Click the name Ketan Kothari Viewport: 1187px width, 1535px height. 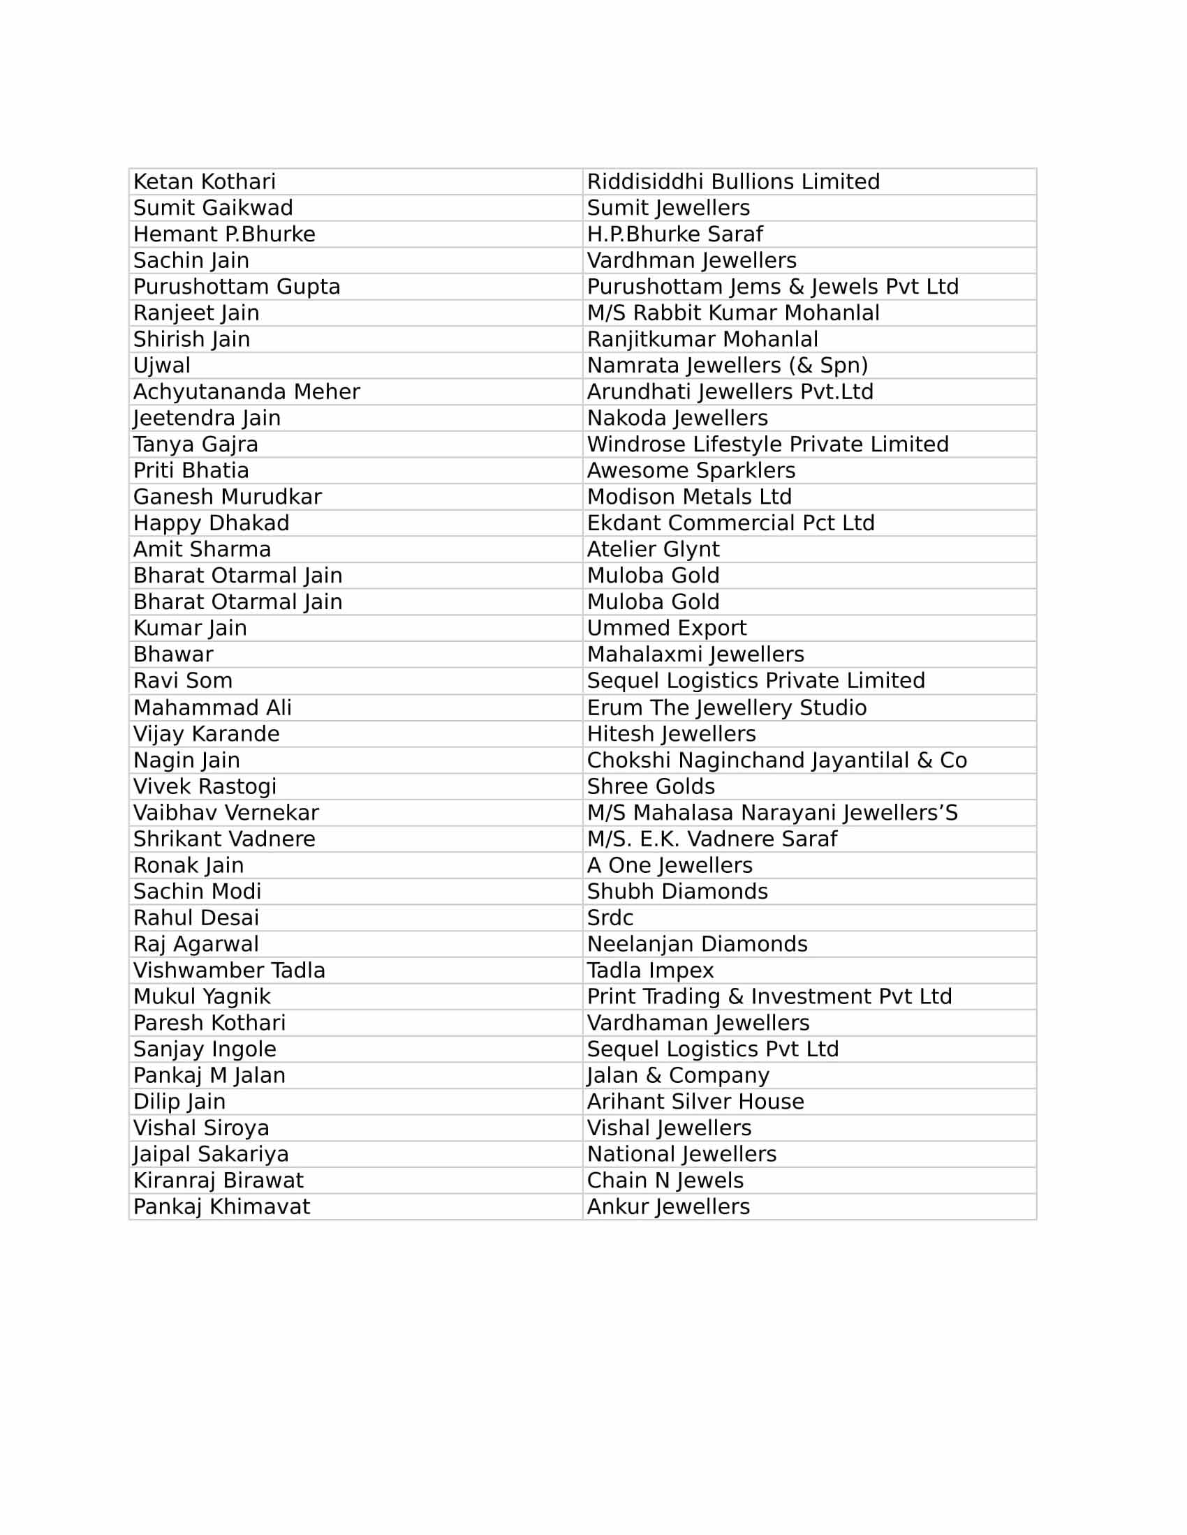point(205,182)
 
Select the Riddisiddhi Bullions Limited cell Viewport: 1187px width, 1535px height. point(733,182)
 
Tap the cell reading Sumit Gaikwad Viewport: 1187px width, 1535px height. point(213,208)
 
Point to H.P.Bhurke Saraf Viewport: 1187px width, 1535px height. point(675,234)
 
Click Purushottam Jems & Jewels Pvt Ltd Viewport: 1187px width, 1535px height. point(773,287)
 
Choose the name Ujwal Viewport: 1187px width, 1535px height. point(162,366)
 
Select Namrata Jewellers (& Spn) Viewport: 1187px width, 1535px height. point(728,366)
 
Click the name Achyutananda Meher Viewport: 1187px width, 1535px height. point(246,391)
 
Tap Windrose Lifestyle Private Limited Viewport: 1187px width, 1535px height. point(768,444)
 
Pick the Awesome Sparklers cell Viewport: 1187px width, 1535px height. point(691,470)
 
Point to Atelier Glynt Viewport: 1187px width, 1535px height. point(654,549)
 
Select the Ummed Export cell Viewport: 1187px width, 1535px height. point(667,628)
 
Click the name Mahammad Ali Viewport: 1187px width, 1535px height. point(212,707)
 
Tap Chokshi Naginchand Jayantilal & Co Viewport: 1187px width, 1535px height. point(777,760)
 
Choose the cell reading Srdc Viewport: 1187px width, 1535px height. point(610,918)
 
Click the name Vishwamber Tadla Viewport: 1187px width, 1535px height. point(229,970)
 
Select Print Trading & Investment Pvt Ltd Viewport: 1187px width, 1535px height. point(769,996)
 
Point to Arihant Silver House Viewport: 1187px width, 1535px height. point(695,1101)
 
